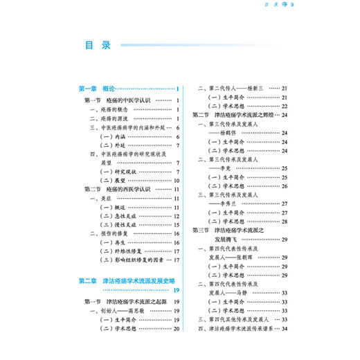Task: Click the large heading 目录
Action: click(98, 46)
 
